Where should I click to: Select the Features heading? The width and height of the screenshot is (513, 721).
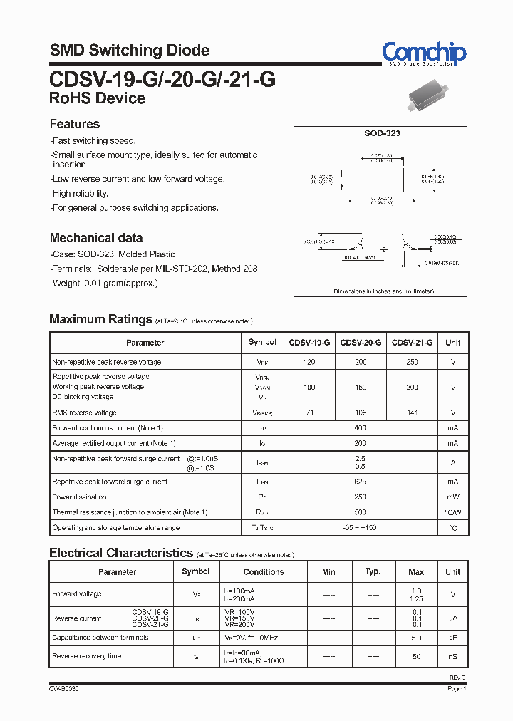click(x=74, y=124)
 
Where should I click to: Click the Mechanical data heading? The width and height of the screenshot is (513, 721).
click(x=95, y=238)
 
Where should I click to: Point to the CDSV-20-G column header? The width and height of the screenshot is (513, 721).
click(x=361, y=343)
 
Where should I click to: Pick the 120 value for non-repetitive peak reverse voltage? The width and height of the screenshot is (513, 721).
click(x=309, y=363)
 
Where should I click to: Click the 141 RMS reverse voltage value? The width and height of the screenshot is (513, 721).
click(x=412, y=413)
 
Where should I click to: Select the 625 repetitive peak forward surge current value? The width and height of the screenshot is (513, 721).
click(x=361, y=482)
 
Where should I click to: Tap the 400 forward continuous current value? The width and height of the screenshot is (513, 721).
click(x=361, y=428)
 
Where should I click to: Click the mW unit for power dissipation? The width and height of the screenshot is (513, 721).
click(x=453, y=497)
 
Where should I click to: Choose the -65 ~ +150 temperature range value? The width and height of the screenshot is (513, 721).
click(x=361, y=528)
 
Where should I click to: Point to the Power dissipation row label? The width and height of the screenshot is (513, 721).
click(x=80, y=497)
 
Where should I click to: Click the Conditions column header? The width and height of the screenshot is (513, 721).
click(x=264, y=572)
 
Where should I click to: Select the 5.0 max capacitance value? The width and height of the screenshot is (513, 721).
click(x=416, y=638)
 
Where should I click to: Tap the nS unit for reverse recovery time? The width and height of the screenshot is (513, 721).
click(x=453, y=656)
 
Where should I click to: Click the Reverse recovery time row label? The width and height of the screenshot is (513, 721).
click(x=87, y=656)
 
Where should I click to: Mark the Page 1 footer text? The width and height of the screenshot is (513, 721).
click(x=457, y=689)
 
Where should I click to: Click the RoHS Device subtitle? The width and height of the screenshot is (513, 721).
click(x=97, y=98)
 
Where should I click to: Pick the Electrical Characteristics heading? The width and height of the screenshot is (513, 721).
click(x=121, y=553)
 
